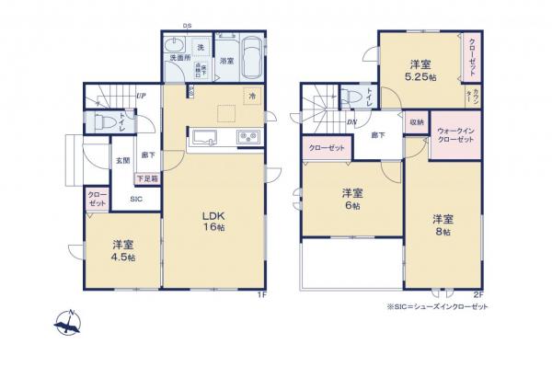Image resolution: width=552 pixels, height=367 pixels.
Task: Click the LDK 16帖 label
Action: click(213, 222)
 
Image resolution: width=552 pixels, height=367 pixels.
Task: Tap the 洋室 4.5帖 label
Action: click(124, 250)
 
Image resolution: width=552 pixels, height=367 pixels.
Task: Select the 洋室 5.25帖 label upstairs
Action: click(422, 71)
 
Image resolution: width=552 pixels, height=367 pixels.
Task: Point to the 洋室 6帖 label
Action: click(351, 199)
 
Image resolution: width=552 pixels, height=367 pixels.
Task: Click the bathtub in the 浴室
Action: click(247, 46)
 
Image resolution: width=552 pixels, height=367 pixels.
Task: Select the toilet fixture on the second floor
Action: click(351, 97)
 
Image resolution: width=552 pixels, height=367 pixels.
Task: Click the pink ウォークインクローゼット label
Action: click(455, 135)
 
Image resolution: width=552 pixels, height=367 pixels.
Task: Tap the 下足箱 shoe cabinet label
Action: click(147, 178)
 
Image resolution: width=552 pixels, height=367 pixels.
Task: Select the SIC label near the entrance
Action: click(134, 200)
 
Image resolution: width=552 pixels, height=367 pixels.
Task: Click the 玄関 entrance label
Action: click(122, 161)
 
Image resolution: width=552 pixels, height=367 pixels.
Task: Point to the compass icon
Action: click(67, 322)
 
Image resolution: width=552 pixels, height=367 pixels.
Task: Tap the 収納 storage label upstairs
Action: click(417, 122)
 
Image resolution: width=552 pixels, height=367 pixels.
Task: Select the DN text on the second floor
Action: click(352, 123)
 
